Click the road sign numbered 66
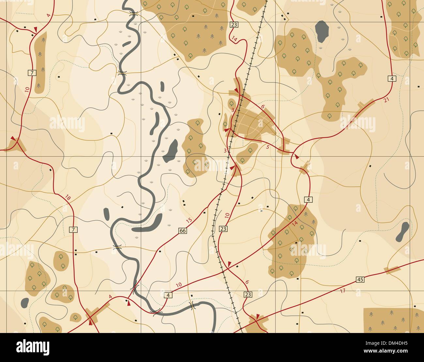click(183, 231)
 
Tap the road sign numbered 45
click(360, 280)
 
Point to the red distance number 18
click(68, 197)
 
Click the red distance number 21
click(386, 100)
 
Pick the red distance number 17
click(342, 291)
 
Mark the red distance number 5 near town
click(268, 147)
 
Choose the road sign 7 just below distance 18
click(73, 230)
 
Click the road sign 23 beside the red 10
click(223, 229)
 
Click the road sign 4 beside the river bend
click(168, 295)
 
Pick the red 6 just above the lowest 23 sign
click(247, 282)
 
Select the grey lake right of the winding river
click(170, 151)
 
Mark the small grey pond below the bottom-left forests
click(25, 303)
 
